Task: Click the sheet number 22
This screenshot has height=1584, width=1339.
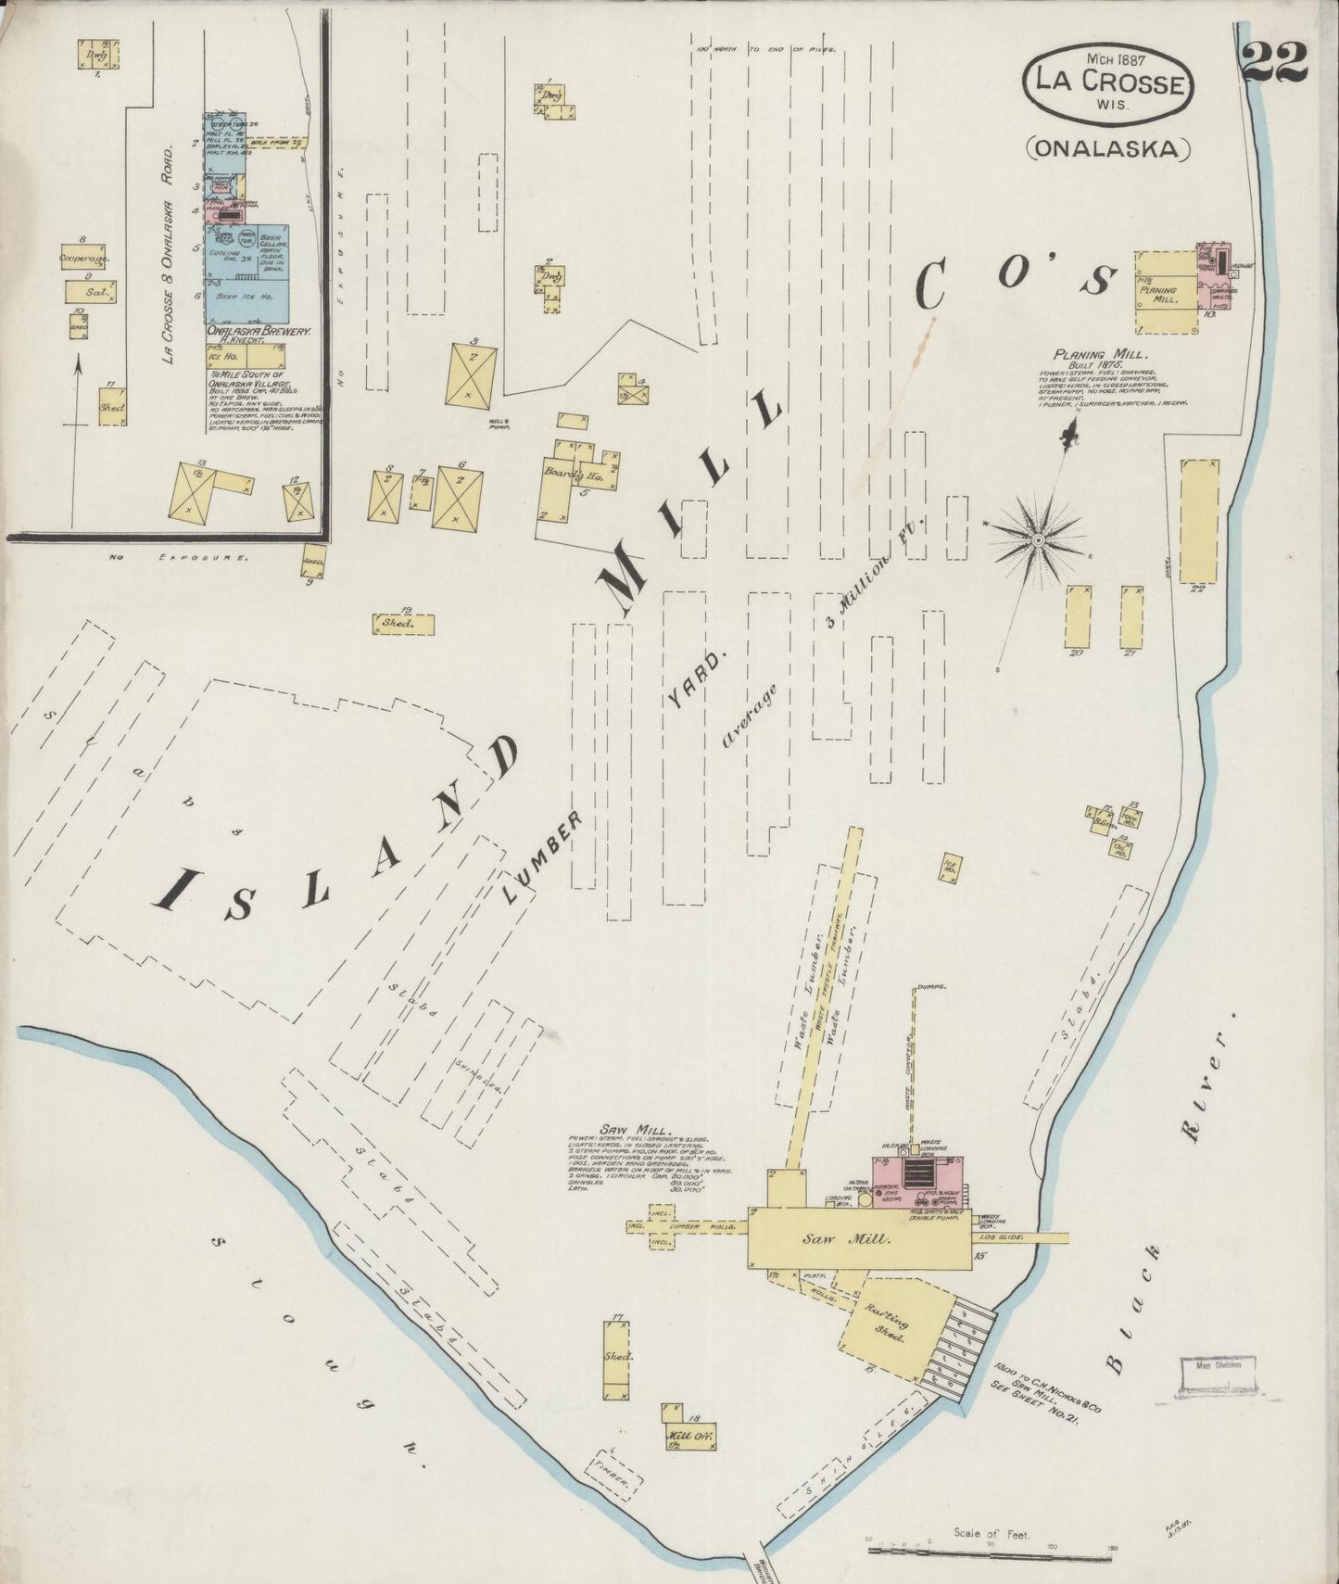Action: tap(1275, 63)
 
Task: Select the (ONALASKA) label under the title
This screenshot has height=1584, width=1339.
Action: tap(1107, 147)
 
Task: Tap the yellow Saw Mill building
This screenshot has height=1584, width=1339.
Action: tap(859, 1238)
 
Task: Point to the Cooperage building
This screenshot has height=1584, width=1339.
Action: tap(83, 259)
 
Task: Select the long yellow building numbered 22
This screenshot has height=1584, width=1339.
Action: tap(1199, 520)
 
